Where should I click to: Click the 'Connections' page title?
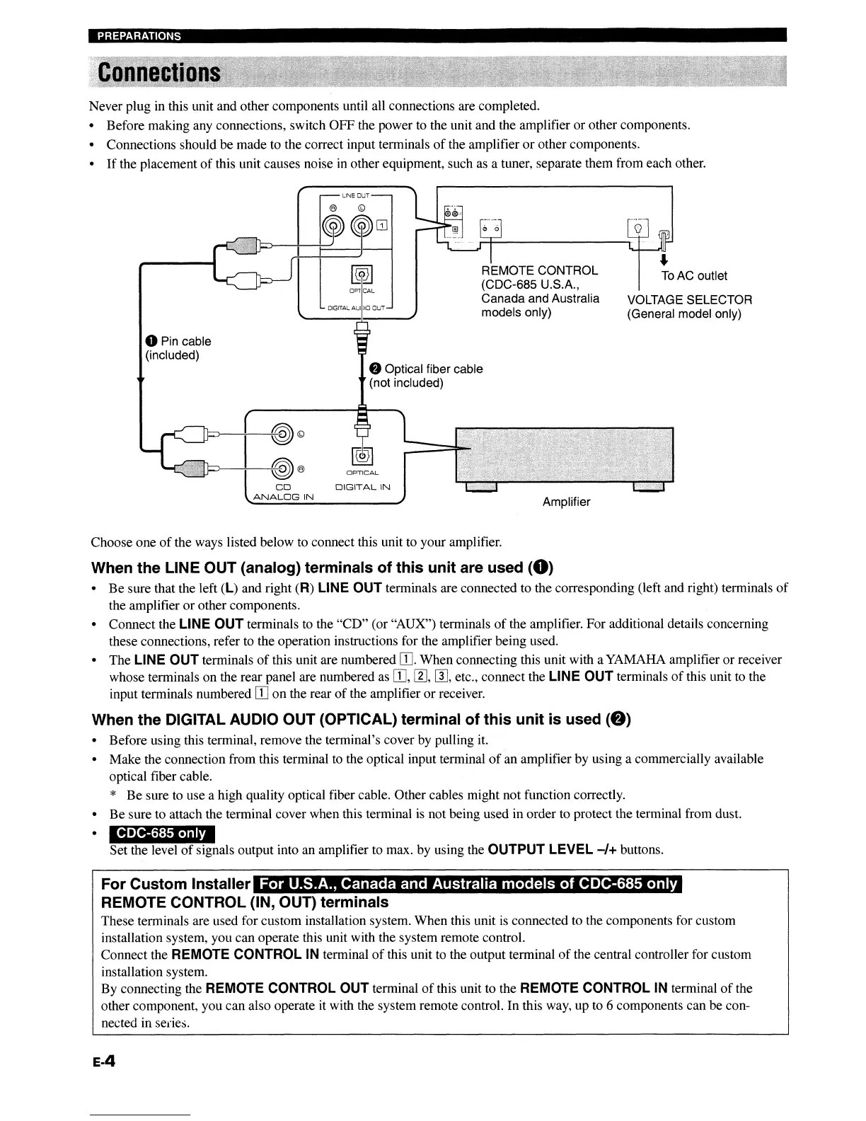(x=159, y=73)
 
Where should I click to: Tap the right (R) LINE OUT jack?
(x=333, y=226)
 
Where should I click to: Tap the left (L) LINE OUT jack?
(x=362, y=226)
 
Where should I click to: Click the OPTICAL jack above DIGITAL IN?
(x=362, y=455)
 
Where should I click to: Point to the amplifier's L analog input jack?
(x=282, y=435)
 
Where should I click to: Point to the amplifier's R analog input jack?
(x=282, y=467)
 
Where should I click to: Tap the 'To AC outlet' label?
(x=694, y=275)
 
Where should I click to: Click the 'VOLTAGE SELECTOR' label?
(x=690, y=299)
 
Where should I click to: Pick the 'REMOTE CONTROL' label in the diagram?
(x=539, y=270)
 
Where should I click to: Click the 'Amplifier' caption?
(x=566, y=502)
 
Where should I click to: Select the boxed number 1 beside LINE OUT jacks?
(x=382, y=226)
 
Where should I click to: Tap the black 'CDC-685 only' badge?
(x=162, y=833)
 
